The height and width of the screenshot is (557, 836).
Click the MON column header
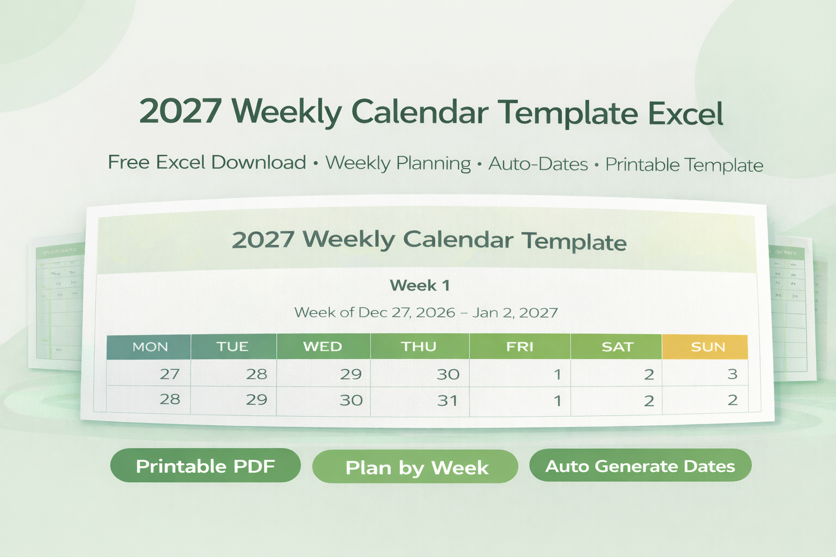150,347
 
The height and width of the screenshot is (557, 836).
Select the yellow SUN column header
708,347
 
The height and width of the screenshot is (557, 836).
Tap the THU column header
419,347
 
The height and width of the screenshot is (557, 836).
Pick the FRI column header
520,347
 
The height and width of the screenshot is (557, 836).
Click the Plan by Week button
416,467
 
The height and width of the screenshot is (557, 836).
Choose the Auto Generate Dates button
640,466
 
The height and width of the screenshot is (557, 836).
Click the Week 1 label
420,286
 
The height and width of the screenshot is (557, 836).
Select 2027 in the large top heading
180,111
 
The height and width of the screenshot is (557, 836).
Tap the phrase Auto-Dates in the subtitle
538,164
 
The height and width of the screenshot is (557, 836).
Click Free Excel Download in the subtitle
207,162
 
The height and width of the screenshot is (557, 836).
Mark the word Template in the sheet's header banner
574,242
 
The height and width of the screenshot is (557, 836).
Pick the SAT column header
617,347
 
